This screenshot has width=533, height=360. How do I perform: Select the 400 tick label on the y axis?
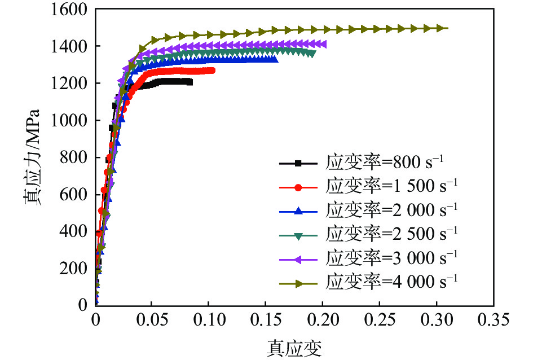80,231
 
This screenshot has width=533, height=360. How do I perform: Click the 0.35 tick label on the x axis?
492,321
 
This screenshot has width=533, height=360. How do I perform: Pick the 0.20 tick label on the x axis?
323,321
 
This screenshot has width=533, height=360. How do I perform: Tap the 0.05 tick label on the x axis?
152,321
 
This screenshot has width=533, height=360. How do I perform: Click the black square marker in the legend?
299,164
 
